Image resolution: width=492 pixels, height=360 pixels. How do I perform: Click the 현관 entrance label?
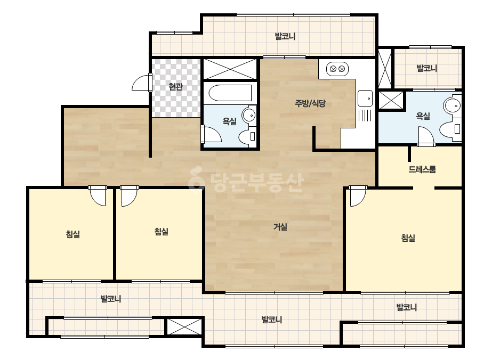(x=175, y=87)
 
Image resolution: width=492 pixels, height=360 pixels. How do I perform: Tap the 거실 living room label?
(x=280, y=227)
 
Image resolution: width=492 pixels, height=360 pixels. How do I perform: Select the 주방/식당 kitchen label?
(x=310, y=103)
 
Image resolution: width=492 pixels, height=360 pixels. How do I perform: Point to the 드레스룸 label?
(x=422, y=169)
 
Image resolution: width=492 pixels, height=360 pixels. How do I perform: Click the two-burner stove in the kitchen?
(x=337, y=69)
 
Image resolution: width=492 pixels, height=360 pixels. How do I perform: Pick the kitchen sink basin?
(x=365, y=99)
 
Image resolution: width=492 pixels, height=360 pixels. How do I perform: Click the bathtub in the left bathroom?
(x=230, y=93)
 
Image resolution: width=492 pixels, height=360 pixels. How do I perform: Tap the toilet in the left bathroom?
(x=247, y=137)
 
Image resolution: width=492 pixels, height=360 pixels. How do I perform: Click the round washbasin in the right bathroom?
(x=452, y=105)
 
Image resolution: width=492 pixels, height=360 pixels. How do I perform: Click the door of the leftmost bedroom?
(x=98, y=196)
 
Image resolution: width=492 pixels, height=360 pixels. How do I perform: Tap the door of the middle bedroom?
(x=130, y=196)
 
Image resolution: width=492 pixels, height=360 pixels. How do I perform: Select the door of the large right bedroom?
(x=358, y=196)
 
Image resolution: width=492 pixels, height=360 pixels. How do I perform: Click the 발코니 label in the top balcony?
(x=285, y=36)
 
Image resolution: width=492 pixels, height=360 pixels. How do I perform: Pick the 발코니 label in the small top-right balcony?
(x=427, y=68)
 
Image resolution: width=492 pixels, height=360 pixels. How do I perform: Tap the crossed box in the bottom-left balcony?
(x=184, y=326)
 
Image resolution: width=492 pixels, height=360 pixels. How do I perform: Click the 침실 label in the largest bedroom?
(x=408, y=238)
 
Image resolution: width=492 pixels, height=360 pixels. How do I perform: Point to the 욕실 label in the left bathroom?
(x=229, y=121)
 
